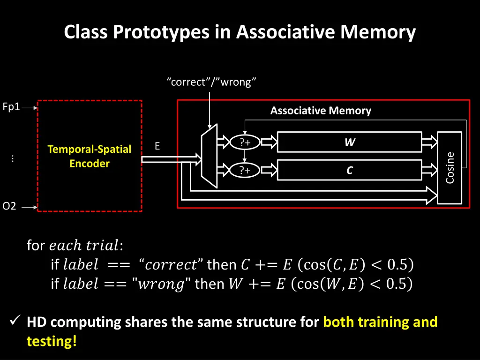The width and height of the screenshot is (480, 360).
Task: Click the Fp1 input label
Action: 11,107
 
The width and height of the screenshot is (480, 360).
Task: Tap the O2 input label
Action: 9,206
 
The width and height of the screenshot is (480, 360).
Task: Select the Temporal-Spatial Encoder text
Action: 89,156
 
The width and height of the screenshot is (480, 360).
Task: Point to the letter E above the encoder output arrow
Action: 157,146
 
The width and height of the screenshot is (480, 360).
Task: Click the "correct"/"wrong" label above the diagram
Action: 211,82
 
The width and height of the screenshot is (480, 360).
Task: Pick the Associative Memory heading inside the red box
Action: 321,111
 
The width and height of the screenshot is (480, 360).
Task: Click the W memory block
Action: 349,142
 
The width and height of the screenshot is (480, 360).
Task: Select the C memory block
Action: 349,171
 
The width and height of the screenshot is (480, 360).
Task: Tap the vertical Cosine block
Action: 450,168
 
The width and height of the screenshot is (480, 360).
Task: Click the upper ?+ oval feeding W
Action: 244,142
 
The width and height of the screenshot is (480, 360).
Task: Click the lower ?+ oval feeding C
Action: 244,171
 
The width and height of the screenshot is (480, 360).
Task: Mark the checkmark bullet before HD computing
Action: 15,322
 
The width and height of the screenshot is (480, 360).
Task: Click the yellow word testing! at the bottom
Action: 52,341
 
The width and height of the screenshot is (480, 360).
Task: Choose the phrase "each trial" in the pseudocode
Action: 84,245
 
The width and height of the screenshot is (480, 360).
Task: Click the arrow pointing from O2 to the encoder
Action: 29,207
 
